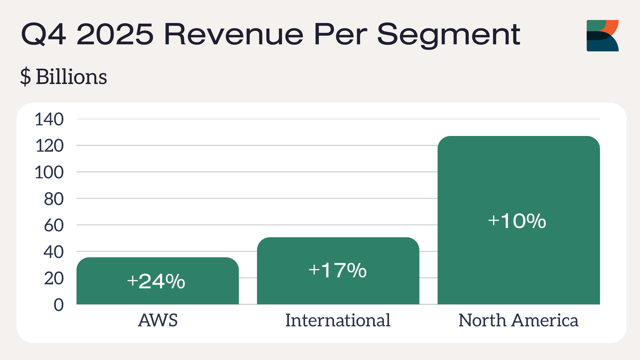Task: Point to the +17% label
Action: (337, 270)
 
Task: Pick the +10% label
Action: (517, 221)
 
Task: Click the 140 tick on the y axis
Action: (49, 119)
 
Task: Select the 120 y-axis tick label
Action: (49, 146)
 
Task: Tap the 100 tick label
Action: (49, 172)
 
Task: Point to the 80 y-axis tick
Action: (54, 199)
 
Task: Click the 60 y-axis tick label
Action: (54, 225)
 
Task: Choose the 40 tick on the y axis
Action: (54, 252)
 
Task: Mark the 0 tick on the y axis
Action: (59, 305)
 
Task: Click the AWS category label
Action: (158, 320)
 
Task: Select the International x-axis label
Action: (338, 320)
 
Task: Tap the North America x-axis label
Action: (518, 320)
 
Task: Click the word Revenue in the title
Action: (234, 34)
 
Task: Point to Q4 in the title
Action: (44, 34)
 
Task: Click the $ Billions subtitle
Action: (64, 77)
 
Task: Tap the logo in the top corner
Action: (602, 36)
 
